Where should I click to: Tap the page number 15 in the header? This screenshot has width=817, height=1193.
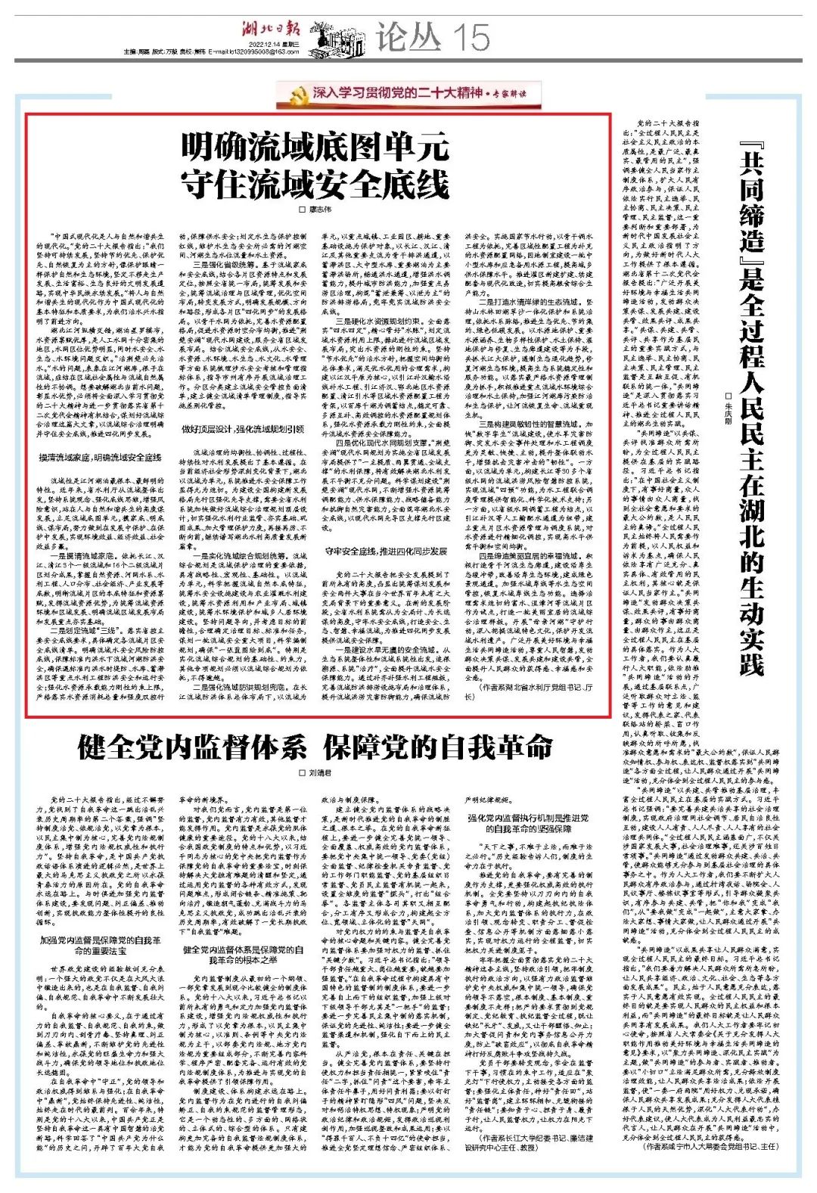coord(471,35)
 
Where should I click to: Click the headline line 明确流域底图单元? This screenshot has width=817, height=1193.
coord(315,148)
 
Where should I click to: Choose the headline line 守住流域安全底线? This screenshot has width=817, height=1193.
coord(315,184)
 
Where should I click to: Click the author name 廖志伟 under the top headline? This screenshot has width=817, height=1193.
coord(319,209)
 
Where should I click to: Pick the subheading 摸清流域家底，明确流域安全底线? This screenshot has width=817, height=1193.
coord(101,458)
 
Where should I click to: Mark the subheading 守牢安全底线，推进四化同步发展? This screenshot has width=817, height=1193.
coord(387,551)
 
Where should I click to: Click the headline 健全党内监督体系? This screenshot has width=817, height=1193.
coord(192,748)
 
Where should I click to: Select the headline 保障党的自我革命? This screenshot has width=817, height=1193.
coord(439,748)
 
